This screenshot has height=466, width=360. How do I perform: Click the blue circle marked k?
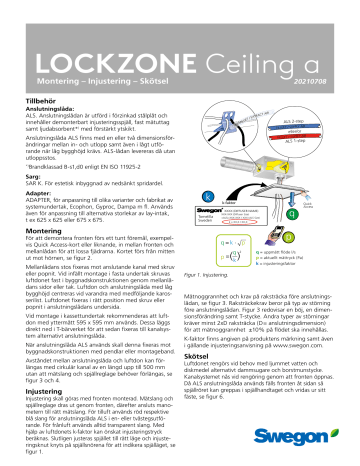coord(208,197)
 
